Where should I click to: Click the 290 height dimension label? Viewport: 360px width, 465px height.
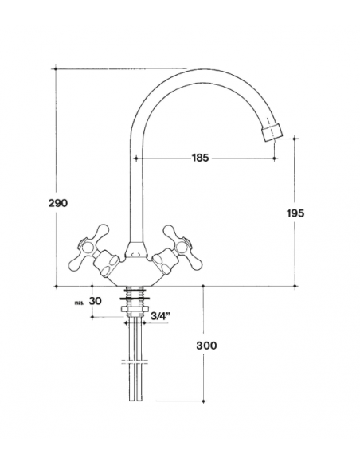click(x=58, y=203)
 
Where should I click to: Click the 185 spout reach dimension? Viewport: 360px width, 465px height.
click(x=200, y=158)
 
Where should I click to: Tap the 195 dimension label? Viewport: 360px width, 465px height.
click(x=295, y=213)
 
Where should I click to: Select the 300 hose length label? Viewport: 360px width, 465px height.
click(x=206, y=346)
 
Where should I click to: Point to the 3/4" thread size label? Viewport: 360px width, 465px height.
click(x=161, y=315)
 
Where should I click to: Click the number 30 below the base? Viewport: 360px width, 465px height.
click(x=96, y=301)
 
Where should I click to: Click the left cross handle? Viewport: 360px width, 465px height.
click(x=89, y=247)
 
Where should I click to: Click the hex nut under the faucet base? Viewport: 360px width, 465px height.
click(x=135, y=309)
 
